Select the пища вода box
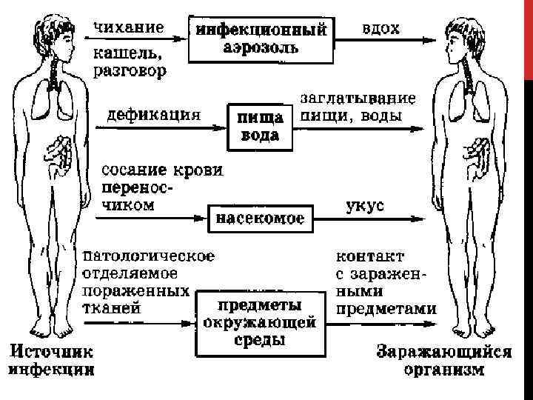tap(258, 126)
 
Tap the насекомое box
tap(260, 218)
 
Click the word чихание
tap(129, 27)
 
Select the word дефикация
tap(154, 115)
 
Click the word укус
tap(365, 205)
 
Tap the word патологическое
tap(148, 256)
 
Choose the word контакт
tap(370, 256)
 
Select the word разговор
tap(130, 71)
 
